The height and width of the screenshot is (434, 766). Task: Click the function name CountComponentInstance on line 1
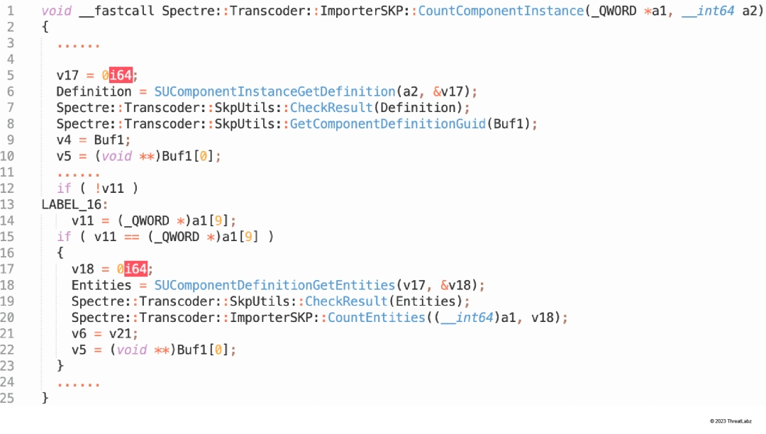501,11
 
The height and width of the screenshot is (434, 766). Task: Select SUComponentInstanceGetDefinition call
274,91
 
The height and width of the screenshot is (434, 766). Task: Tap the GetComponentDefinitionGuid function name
388,123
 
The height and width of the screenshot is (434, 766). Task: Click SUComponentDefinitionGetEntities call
274,284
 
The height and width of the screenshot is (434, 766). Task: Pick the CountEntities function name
376,317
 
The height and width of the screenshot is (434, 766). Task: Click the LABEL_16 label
72,204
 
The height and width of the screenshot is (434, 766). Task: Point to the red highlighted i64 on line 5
121,75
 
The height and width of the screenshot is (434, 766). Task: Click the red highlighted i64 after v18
135,269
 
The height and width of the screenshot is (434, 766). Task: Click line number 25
7,398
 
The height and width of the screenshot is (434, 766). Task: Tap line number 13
7,204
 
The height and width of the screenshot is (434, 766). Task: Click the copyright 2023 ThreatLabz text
731,421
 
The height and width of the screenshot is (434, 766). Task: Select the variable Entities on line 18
101,284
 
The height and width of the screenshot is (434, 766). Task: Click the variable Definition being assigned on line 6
94,91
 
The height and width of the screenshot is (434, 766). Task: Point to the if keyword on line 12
64,189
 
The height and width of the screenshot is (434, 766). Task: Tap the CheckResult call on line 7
331,107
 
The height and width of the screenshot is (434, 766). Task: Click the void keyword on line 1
57,11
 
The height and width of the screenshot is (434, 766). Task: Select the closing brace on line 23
60,366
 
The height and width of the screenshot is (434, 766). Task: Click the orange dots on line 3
79,45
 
